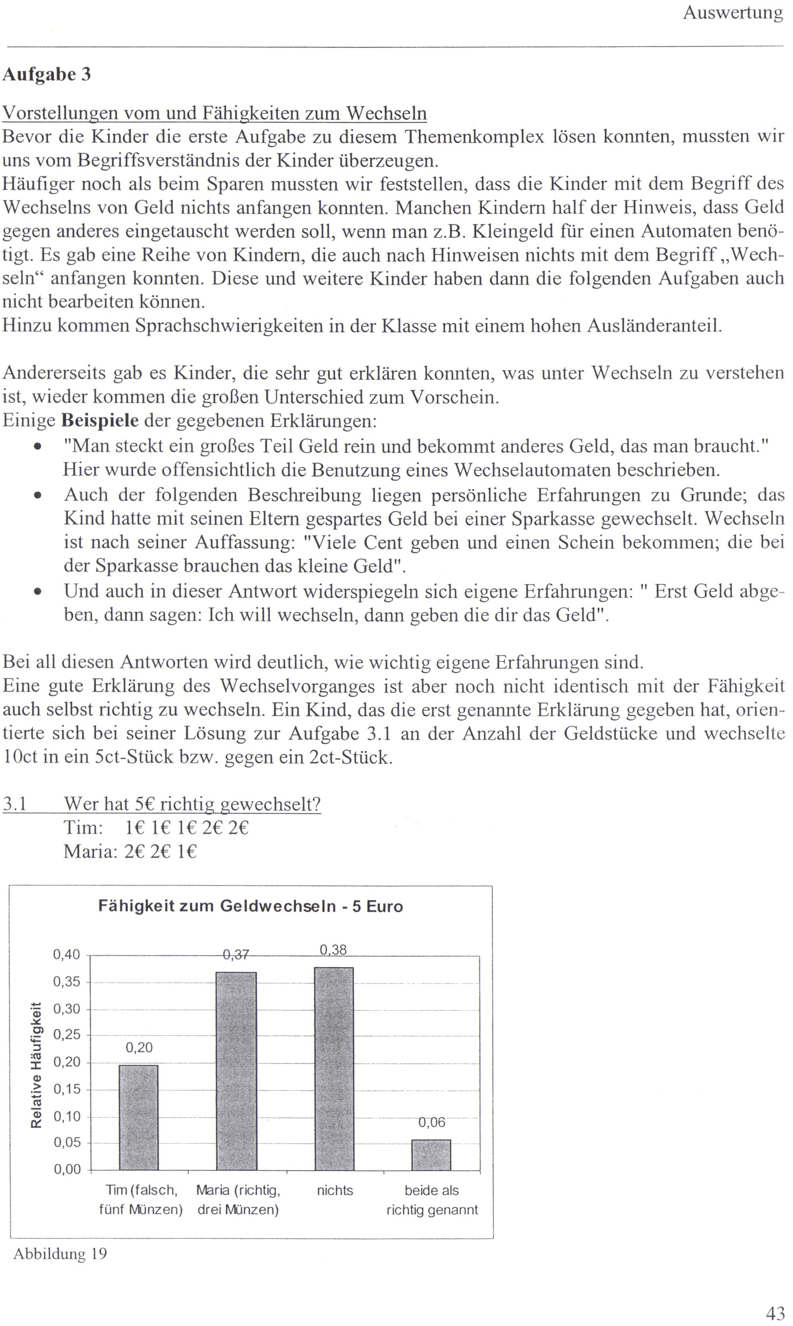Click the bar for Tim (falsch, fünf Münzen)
tap(138, 1117)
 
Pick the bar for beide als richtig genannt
tap(431, 1154)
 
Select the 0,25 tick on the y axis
tap(66, 1035)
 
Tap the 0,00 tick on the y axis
tap(66, 1169)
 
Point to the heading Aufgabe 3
tap(46, 74)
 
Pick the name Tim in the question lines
tap(83, 828)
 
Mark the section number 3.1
tap(15, 804)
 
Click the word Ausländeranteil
tap(654, 325)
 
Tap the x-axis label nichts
tap(335, 1190)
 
